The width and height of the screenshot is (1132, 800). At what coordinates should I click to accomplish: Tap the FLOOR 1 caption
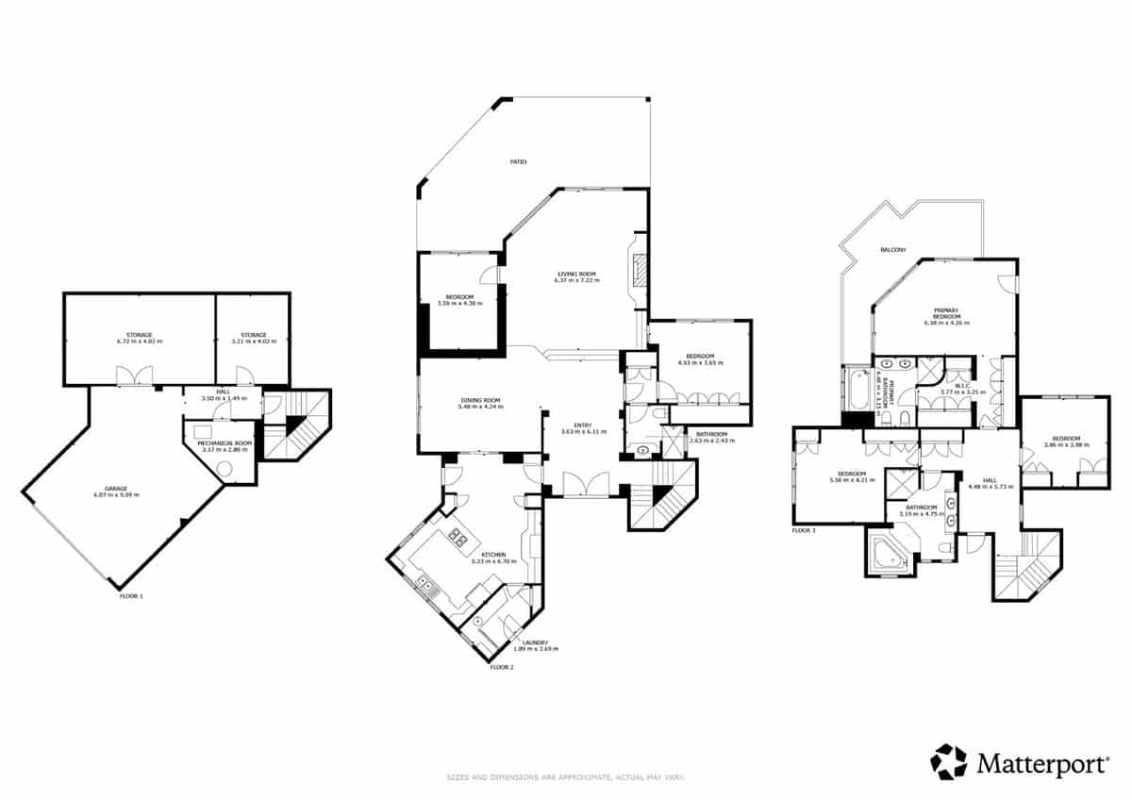(132, 596)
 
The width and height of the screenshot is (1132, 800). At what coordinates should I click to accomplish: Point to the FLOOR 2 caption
(501, 667)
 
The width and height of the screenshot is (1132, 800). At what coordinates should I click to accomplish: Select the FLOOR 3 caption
(804, 531)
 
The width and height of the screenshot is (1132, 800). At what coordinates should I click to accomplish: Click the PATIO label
(518, 162)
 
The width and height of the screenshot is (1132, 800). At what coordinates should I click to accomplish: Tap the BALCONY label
(892, 250)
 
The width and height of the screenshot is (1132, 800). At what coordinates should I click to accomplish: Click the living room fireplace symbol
(640, 271)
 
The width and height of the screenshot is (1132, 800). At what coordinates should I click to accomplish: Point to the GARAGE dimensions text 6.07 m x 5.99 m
(116, 494)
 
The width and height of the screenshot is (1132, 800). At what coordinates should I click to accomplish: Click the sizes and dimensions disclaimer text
(565, 777)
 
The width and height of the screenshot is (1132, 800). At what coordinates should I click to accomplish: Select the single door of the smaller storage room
(245, 377)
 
